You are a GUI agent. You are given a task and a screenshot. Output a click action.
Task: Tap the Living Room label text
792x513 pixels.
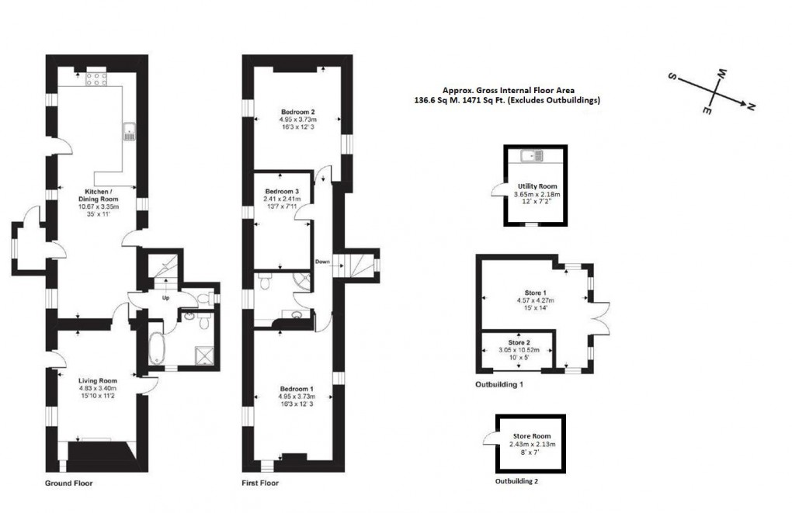97,380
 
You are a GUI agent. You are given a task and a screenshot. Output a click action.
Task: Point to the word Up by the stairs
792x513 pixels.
165,297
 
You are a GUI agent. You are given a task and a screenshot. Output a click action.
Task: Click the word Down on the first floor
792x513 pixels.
323,262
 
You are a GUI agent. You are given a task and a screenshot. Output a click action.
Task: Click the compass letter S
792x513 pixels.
672,78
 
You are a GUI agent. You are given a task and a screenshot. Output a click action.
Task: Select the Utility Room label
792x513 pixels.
537,186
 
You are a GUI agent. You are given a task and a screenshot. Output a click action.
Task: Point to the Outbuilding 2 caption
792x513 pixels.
516,481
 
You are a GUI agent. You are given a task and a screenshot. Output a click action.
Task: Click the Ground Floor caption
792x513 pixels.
69,483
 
